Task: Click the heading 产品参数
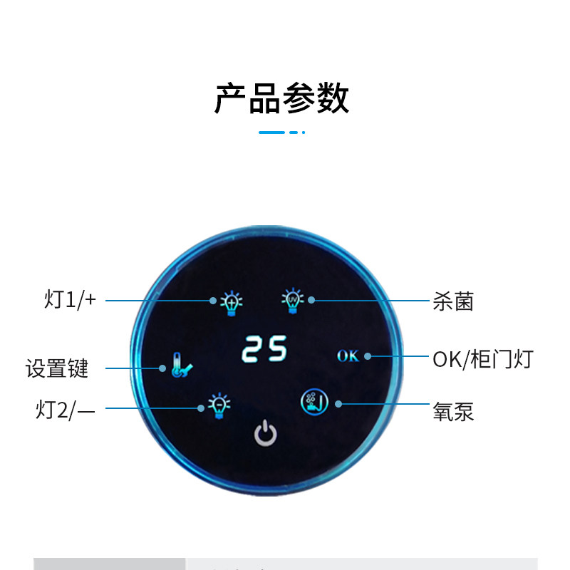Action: (x=281, y=99)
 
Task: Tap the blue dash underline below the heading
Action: (x=281, y=132)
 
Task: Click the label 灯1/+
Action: (x=70, y=300)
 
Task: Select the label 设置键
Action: (x=57, y=368)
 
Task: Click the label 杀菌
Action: (x=453, y=301)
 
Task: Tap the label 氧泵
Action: (x=453, y=411)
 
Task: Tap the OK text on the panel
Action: (x=348, y=356)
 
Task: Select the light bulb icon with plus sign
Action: (x=229, y=302)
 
